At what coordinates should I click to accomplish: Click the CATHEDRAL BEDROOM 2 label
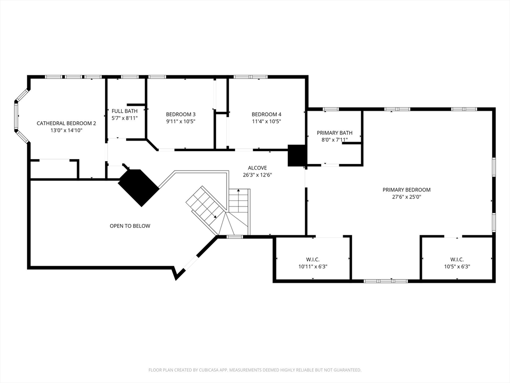point(66,124)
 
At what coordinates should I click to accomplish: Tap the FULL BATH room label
point(125,111)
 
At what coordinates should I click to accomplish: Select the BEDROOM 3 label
point(181,114)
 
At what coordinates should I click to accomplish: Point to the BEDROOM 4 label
point(266,114)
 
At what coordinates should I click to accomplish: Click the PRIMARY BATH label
point(335,133)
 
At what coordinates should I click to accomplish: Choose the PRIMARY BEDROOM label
point(406,190)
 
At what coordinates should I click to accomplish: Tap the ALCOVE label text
point(257,168)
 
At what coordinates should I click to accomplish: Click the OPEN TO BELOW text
point(130,226)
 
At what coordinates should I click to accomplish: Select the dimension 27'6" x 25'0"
point(406,197)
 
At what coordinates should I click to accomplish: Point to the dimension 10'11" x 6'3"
point(313,267)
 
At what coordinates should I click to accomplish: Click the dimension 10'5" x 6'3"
point(457,267)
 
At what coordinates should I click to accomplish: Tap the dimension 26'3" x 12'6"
point(257,175)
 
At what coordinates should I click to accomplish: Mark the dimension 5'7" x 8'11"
point(125,118)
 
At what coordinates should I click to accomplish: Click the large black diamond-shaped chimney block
point(138,188)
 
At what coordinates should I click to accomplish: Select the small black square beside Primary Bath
point(297,156)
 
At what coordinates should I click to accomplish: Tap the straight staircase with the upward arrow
point(239,201)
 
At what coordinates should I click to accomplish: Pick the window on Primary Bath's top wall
point(331,109)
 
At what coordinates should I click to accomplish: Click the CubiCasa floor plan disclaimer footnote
point(255,370)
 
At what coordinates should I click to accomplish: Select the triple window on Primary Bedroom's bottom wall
point(385,281)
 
